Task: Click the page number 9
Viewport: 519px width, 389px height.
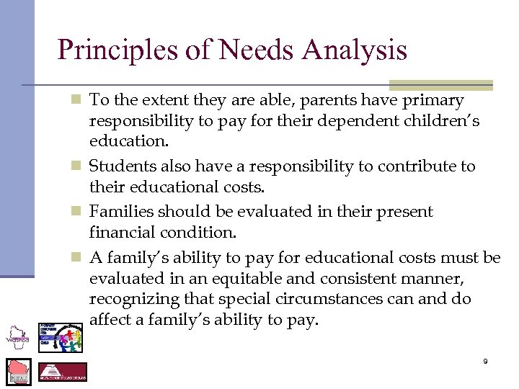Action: coord(485,361)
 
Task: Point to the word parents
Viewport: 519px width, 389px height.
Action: coord(305,100)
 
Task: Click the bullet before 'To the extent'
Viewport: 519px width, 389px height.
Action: coord(79,101)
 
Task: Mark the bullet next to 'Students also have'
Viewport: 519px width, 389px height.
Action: coord(79,167)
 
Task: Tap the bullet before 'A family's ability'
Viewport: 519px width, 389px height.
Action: coord(79,258)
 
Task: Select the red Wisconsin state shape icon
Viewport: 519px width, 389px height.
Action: coord(19,371)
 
